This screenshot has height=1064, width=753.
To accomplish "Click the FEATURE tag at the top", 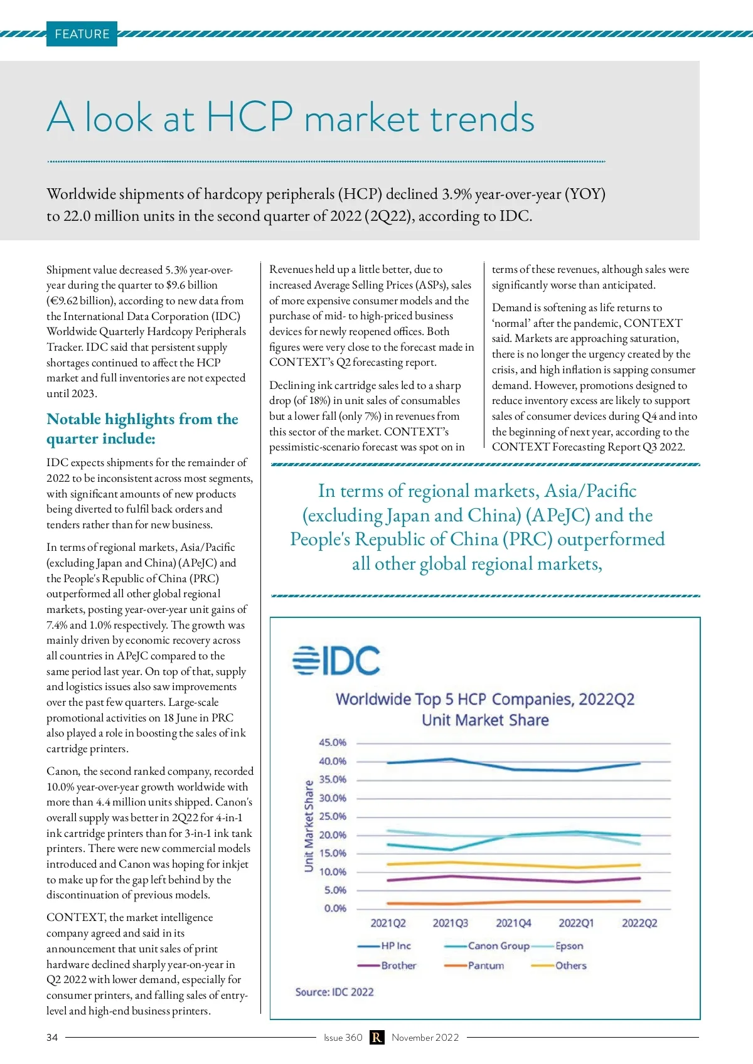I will tap(82, 34).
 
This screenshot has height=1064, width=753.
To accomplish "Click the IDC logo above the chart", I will tap(336, 661).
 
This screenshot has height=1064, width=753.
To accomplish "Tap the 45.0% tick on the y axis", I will tap(333, 742).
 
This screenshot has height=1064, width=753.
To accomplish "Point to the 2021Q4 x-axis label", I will tap(513, 923).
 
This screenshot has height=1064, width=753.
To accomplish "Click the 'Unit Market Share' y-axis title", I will tap(309, 826).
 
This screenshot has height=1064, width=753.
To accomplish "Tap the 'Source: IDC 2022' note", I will tap(334, 992).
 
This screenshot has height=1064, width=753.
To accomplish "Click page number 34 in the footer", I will tap(52, 1038).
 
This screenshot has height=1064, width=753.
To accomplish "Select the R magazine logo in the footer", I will tap(376, 1038).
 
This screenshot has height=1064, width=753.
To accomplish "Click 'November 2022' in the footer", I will tap(425, 1038).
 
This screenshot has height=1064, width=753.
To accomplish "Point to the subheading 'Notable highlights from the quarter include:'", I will tap(142, 428).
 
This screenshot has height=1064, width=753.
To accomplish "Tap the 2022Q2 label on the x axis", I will tap(639, 923).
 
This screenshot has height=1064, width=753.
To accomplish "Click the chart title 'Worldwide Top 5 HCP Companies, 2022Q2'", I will tap(485, 699).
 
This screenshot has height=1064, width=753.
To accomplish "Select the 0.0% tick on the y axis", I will tap(335, 908).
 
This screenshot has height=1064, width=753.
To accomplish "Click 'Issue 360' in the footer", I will tap(343, 1038).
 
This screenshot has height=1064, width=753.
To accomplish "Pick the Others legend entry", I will tap(570, 966).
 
